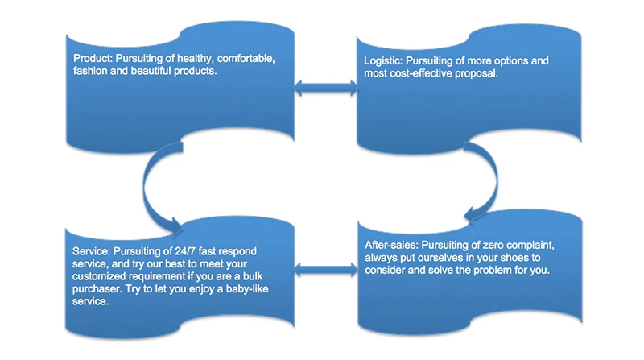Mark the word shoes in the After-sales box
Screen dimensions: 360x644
pyautogui.click(x=496, y=257)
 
